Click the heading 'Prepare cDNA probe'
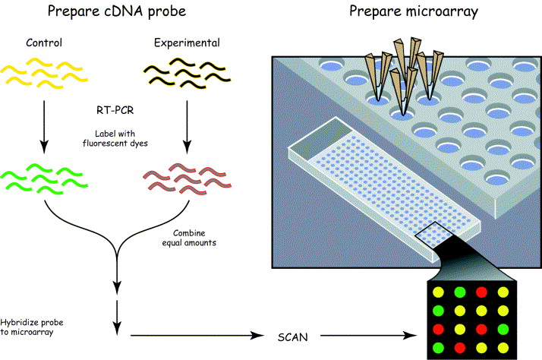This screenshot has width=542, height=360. point(117,11)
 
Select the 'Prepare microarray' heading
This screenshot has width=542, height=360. point(414,11)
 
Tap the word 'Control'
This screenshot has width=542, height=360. point(44,43)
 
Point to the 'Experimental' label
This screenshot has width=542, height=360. point(187,43)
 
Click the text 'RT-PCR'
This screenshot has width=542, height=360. point(115,110)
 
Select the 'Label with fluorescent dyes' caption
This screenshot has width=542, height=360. point(115,138)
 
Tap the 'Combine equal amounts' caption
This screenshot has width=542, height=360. point(189,238)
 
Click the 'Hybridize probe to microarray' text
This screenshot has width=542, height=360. point(32,327)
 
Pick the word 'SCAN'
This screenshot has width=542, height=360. point(293,337)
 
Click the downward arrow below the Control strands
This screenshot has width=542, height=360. point(44,127)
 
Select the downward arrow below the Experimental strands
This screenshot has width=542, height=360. point(187,127)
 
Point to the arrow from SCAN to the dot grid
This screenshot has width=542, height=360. point(368,335)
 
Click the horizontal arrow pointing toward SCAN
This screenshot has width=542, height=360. point(197,335)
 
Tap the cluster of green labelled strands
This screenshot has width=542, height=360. point(44,178)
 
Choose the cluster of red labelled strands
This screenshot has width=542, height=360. point(187,178)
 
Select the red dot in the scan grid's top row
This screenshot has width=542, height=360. point(481,292)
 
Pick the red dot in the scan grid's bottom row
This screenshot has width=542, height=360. point(460,348)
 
